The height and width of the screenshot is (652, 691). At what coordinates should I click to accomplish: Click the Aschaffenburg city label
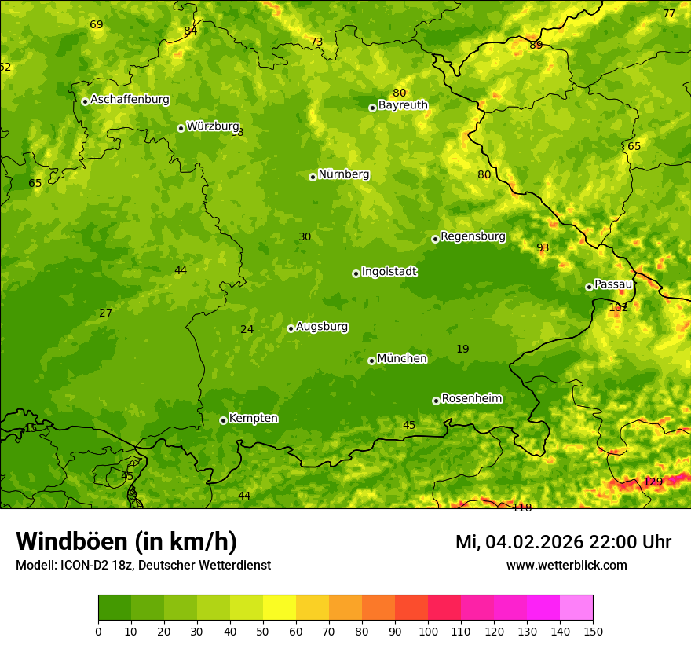point(130,100)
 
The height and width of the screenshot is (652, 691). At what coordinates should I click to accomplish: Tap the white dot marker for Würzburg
point(181,128)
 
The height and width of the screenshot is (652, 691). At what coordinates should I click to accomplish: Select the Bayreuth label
point(403,105)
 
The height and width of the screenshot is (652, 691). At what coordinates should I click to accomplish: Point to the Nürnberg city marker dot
point(313,177)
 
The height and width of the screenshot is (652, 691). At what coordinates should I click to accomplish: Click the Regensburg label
point(473,236)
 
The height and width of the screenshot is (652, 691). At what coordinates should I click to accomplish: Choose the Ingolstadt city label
point(389,272)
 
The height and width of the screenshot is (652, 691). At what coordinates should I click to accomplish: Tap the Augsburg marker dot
point(291,328)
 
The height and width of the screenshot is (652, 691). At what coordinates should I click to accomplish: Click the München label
point(402,359)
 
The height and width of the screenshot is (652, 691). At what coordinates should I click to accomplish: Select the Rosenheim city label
point(471,399)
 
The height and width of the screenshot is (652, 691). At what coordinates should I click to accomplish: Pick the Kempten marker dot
point(223,420)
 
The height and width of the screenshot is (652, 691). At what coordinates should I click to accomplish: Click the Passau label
point(613,284)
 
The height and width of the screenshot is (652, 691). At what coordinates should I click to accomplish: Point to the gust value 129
point(653,482)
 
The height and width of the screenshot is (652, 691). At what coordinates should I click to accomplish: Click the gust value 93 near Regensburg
point(543,248)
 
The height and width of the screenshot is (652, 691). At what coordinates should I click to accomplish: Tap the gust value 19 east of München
point(462,350)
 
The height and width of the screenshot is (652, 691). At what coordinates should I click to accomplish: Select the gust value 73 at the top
point(316,42)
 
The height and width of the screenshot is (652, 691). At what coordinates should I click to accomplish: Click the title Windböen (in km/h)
point(126,542)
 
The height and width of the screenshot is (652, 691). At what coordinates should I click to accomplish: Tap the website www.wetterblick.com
point(566,566)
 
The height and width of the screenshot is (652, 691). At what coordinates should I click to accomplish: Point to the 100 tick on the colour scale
point(428,631)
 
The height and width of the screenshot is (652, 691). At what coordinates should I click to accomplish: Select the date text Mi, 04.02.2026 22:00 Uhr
point(563,542)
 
